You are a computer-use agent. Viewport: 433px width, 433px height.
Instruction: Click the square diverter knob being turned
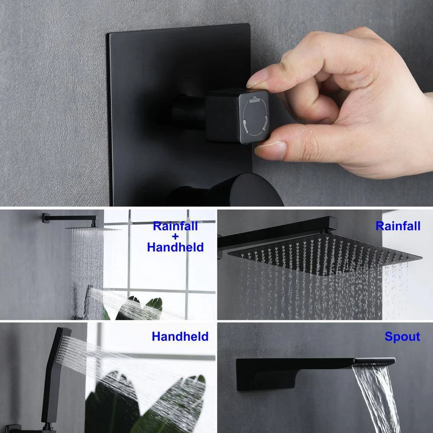click(237, 116)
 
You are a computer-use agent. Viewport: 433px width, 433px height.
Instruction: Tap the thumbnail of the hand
click(271, 151)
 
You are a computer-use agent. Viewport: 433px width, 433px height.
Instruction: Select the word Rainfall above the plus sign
click(175, 226)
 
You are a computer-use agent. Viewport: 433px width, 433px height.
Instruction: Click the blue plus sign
click(175, 236)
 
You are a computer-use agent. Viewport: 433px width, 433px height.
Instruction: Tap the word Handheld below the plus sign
click(175, 247)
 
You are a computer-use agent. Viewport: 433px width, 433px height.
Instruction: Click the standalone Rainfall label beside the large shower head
click(398, 226)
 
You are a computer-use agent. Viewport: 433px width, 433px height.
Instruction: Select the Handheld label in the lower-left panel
click(180, 336)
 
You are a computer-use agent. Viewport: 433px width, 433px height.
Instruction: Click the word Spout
click(402, 336)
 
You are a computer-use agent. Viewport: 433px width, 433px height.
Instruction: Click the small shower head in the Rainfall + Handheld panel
click(93, 229)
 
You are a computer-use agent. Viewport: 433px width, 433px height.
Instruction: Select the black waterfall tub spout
click(315, 373)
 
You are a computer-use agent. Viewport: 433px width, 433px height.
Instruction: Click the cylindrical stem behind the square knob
click(190, 112)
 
